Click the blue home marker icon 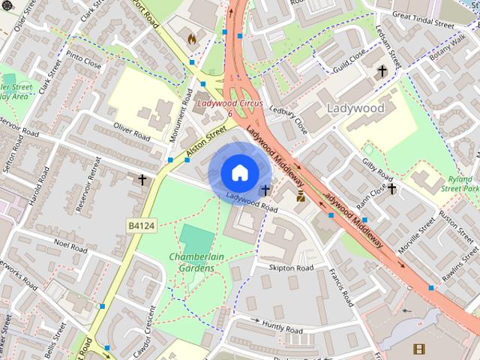pos(238,172)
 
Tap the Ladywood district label pos(355,108)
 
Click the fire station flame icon pos(191,37)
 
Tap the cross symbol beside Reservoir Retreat pos(142,180)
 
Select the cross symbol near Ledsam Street pos(382,71)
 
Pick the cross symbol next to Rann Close pos(391,189)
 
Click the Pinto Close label pos(84,61)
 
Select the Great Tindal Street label pos(424,19)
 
